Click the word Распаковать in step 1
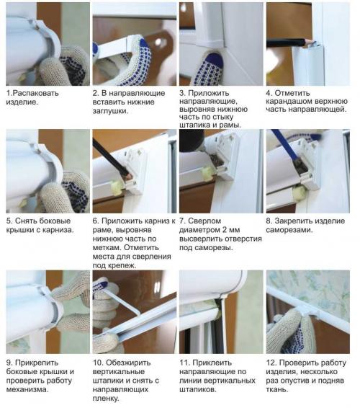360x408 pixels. coord(35,93)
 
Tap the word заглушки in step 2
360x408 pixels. coord(110,111)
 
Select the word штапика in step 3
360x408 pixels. coord(194,125)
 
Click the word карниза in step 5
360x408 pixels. coord(58,230)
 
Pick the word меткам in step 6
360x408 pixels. coord(107,247)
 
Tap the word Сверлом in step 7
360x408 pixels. coord(204,221)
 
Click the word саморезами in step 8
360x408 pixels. coord(289,230)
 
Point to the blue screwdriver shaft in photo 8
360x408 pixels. coord(284,145)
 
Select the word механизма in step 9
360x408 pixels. coord(27,390)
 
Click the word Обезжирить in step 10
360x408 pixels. coord(128,363)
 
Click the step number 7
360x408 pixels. coord(182,221)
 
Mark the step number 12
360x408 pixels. coord(271,363)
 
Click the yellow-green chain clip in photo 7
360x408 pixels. coord(207,173)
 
